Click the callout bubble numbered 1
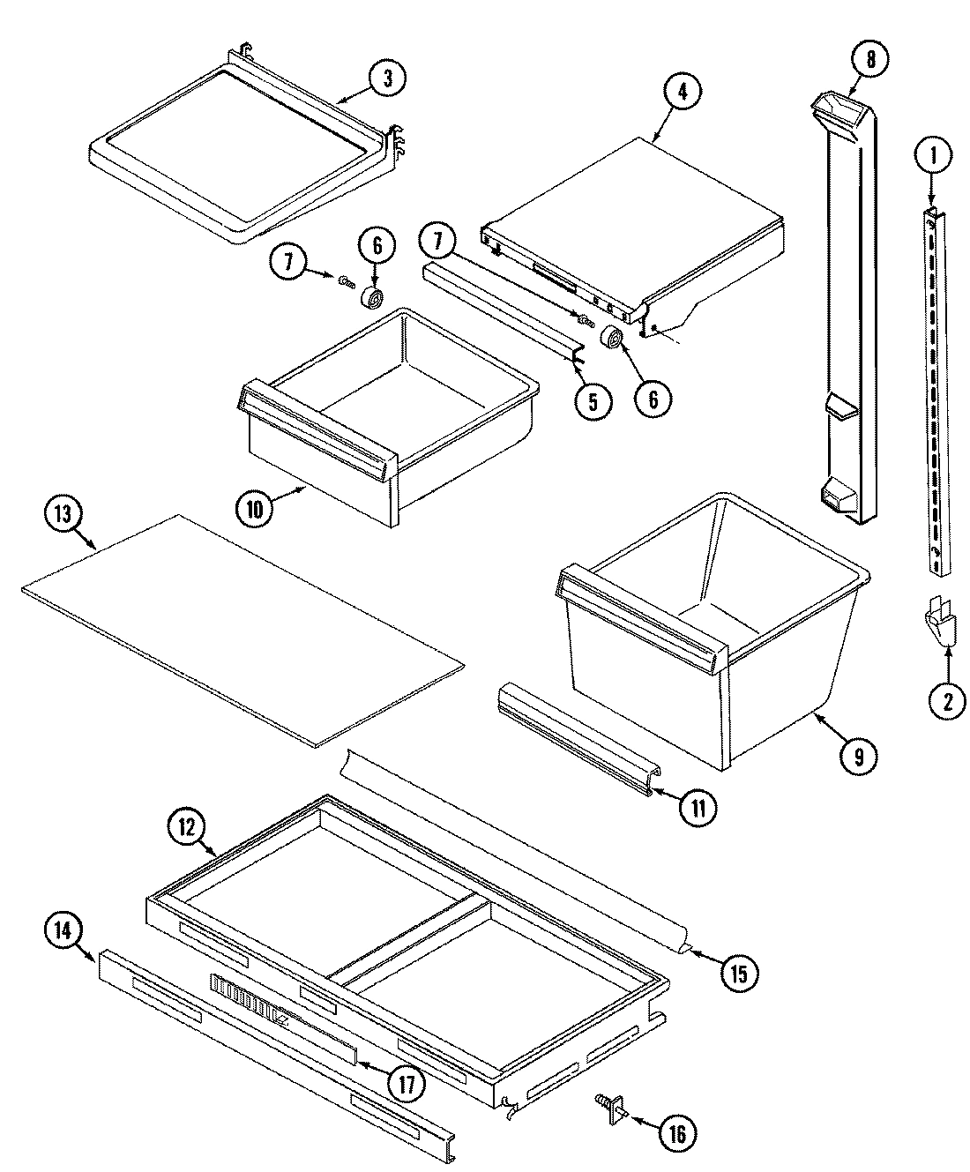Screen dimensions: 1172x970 (x=933, y=158)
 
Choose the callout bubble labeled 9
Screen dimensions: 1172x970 (x=858, y=754)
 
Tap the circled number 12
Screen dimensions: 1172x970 (x=187, y=828)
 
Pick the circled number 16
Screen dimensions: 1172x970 (x=676, y=1133)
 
